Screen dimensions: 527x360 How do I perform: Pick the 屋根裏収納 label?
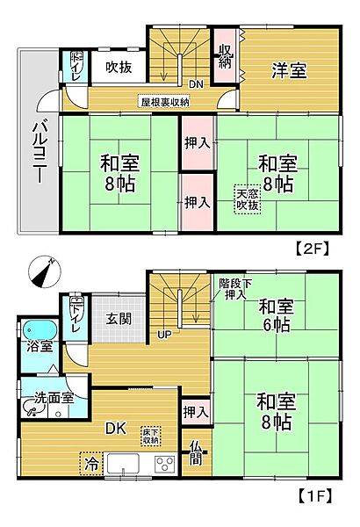(165, 101)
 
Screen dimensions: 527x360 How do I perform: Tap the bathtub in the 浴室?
(39, 329)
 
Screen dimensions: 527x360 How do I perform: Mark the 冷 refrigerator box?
(91, 461)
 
